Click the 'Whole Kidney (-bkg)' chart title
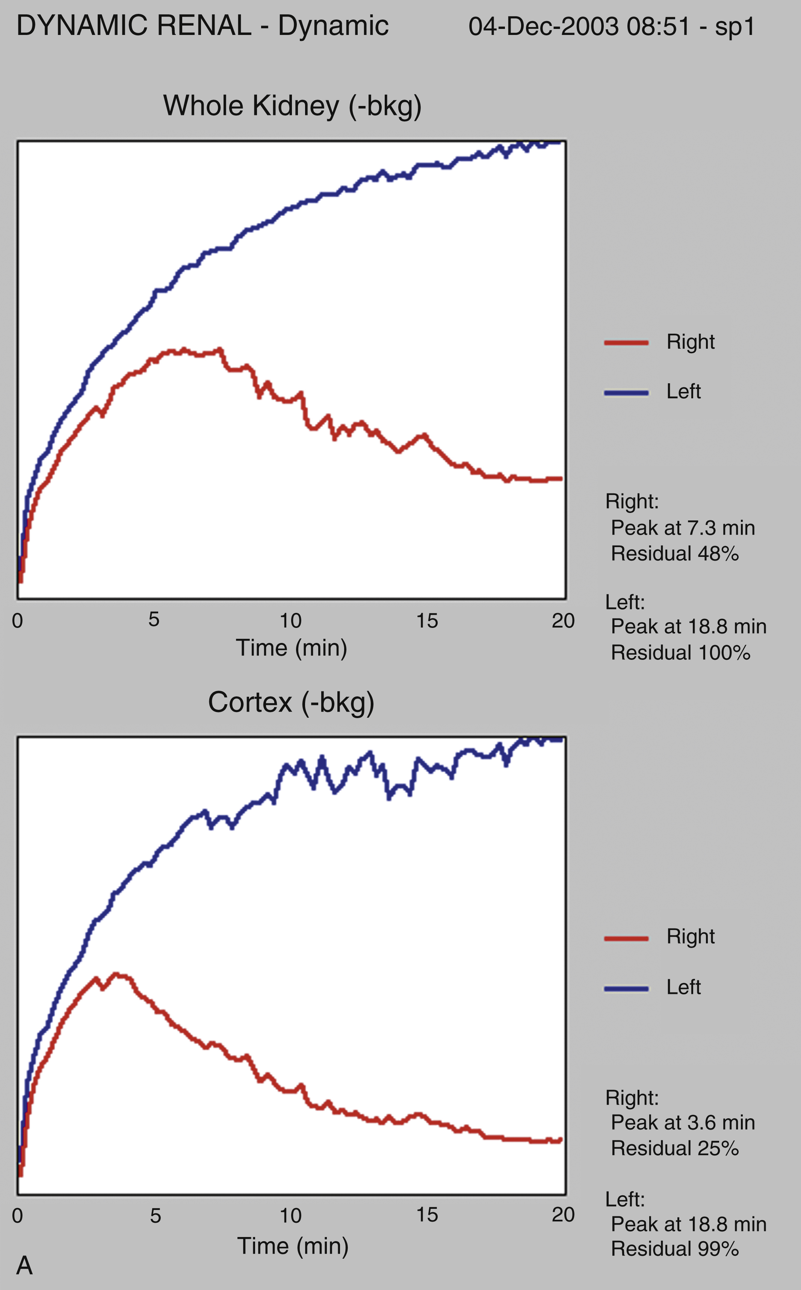(x=292, y=106)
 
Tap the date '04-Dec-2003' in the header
(x=543, y=26)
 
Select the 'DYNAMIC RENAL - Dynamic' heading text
(x=203, y=26)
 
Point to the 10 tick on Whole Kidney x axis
(x=290, y=620)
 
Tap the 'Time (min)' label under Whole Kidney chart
(x=292, y=648)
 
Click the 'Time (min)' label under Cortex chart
(x=292, y=1246)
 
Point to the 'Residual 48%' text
(x=674, y=554)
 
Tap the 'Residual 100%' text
(x=680, y=653)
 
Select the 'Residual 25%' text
(x=674, y=1149)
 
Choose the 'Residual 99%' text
(x=674, y=1249)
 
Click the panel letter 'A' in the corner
(x=24, y=1266)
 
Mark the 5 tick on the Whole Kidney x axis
(x=154, y=619)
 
